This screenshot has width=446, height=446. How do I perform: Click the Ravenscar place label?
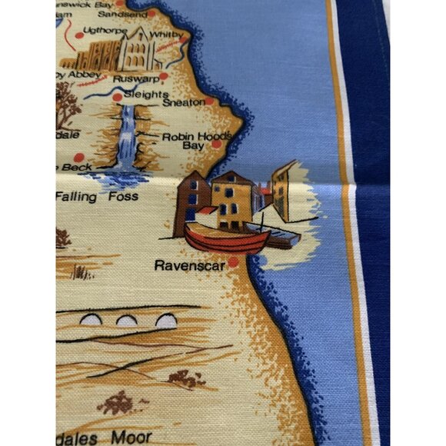pos(189,266)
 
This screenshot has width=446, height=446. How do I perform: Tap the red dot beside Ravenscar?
pos(232,264)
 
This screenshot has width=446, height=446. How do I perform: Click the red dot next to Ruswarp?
pos(163,76)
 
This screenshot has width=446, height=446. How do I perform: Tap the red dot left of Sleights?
pos(117,97)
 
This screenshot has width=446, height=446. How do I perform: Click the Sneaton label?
pos(183,102)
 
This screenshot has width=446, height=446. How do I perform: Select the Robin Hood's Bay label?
pos(185,140)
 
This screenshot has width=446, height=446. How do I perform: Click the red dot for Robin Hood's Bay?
pos(217,144)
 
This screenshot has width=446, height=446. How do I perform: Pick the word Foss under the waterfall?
pos(123,197)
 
